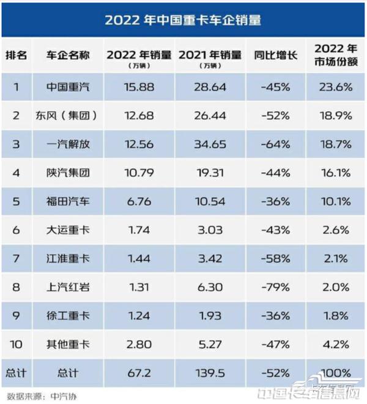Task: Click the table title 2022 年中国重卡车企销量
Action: coord(183,20)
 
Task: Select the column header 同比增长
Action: coord(275,55)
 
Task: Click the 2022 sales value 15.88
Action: coord(138,87)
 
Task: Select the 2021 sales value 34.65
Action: coord(211,144)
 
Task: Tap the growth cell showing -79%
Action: coord(275,287)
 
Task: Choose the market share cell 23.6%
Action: coord(335,87)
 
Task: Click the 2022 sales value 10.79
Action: coord(138,173)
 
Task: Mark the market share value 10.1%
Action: coord(335,201)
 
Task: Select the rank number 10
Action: coord(16,345)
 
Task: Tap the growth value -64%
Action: coord(275,144)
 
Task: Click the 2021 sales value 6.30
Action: coord(211,287)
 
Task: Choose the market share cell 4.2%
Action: coord(335,345)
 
